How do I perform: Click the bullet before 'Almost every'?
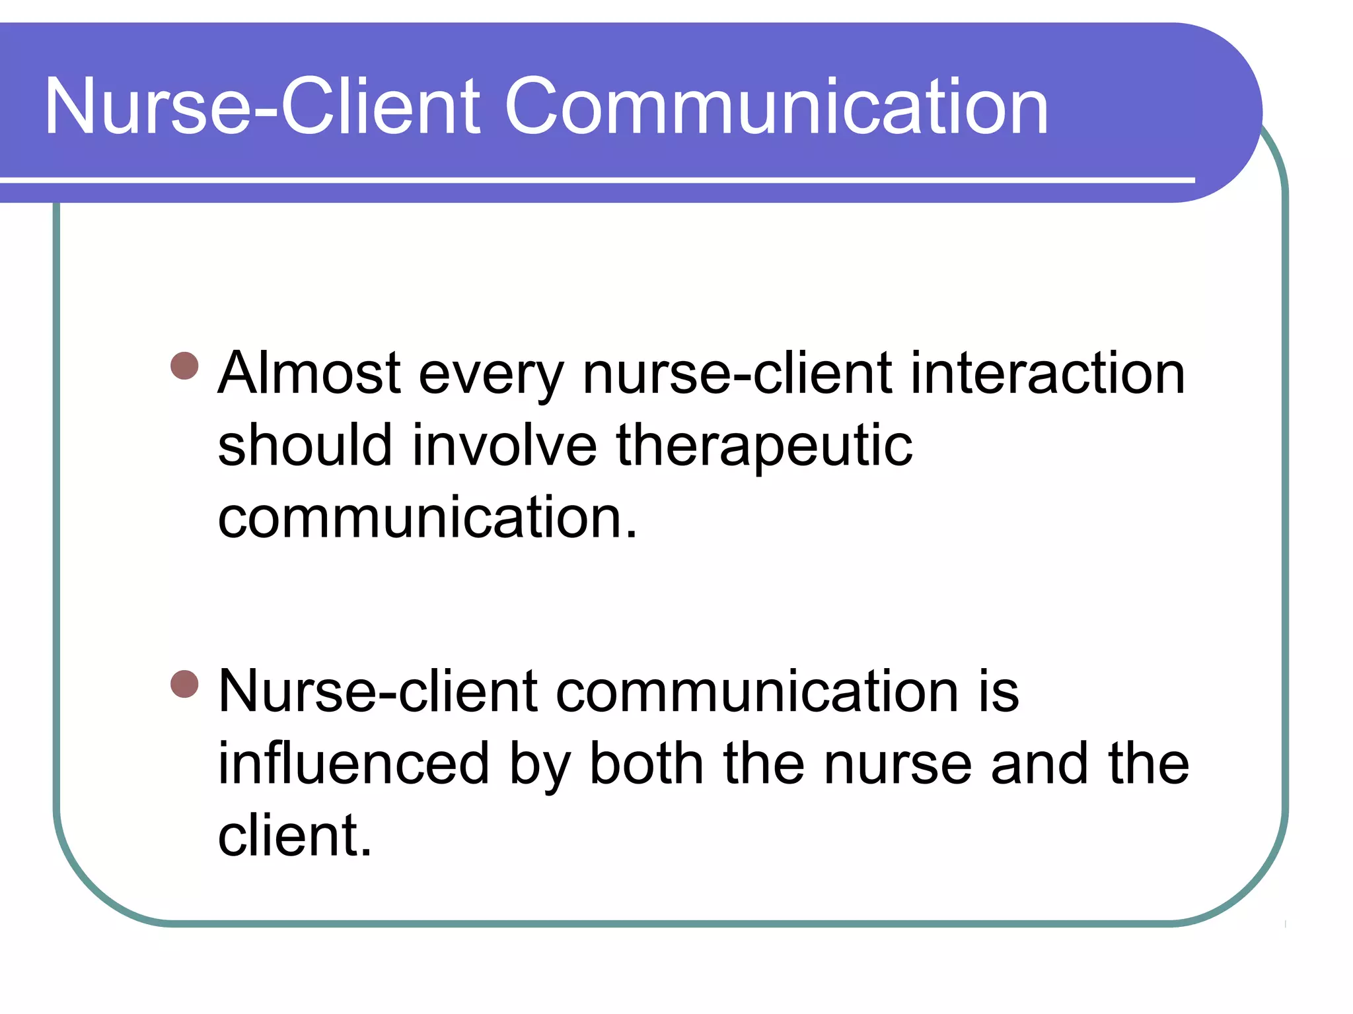pyautogui.click(x=184, y=366)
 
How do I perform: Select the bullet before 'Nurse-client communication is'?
pyautogui.click(x=184, y=684)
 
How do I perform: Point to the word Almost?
pyautogui.click(x=309, y=374)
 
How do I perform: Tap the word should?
pyautogui.click(x=305, y=446)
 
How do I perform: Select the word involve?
pyautogui.click(x=505, y=446)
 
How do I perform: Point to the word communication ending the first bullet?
pyautogui.click(x=426, y=518)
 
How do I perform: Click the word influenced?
pyautogui.click(x=353, y=764)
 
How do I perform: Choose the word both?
pyautogui.click(x=646, y=764)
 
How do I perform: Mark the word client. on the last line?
pyautogui.click(x=295, y=836)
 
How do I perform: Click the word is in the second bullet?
pyautogui.click(x=998, y=692)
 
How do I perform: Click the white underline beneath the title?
pyautogui.click(x=595, y=180)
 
